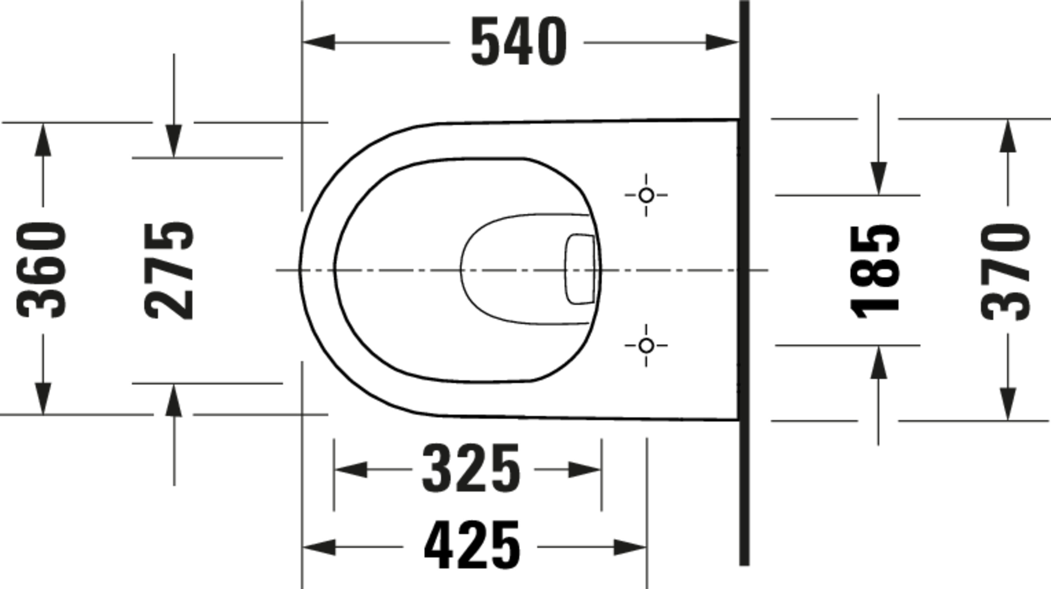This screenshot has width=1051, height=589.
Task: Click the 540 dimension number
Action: tap(518, 42)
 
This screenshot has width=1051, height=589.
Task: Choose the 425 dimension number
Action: tap(472, 545)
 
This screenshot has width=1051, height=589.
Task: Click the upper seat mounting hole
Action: tap(646, 195)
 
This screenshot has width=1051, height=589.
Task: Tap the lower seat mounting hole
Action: tap(646, 346)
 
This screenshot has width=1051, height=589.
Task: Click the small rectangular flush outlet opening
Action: tap(580, 269)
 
